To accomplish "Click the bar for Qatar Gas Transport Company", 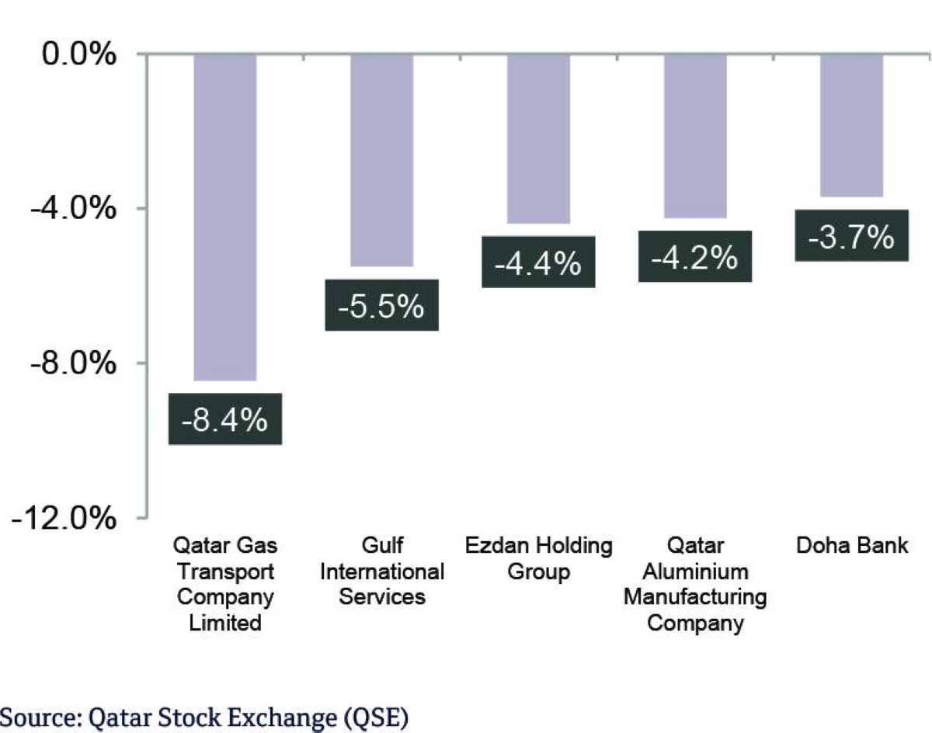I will (x=224, y=217).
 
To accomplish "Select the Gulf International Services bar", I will (x=381, y=160).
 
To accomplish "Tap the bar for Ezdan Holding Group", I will (x=538, y=139).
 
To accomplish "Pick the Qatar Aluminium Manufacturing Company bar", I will (x=695, y=136).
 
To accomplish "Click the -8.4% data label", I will (x=224, y=419).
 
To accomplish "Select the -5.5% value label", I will (x=381, y=305).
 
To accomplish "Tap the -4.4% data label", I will (x=538, y=262).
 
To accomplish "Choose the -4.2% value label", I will (x=695, y=255).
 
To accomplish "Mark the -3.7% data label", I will (x=852, y=236).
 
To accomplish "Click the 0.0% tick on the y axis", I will (x=78, y=55).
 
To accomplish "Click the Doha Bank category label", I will (x=852, y=545).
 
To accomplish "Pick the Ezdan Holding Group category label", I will (x=538, y=558).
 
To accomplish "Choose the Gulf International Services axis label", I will (x=381, y=571).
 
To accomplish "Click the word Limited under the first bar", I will (x=225, y=622).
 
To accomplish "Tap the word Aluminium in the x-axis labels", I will (x=696, y=571).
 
